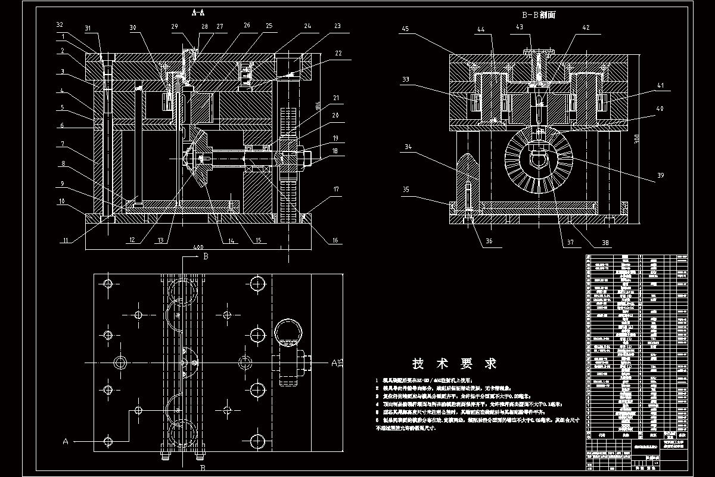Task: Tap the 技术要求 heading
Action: pos(455,363)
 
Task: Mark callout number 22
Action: pos(338,54)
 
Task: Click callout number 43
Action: pos(520,27)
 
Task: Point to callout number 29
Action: pos(174,27)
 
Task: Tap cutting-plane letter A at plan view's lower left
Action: pos(66,441)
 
